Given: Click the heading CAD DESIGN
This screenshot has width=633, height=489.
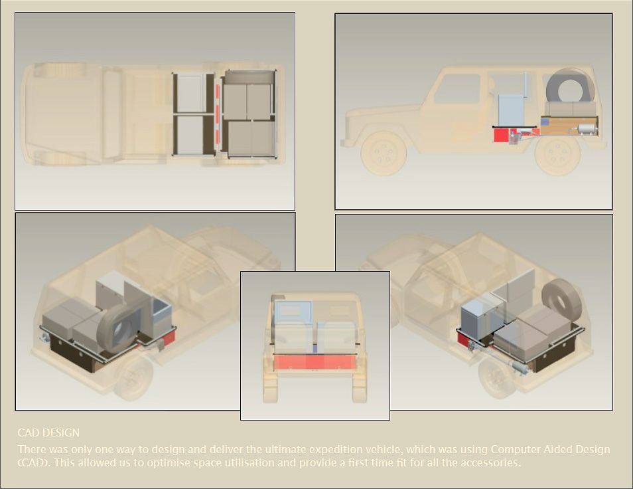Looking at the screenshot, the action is click(x=48, y=433).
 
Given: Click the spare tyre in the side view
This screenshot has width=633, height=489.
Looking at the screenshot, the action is click(x=570, y=86).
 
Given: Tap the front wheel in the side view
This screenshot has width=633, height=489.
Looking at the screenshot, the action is click(x=383, y=153).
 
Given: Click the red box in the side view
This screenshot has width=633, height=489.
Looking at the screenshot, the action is click(x=501, y=135).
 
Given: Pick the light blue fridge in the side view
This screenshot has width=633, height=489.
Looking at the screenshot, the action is click(x=512, y=110).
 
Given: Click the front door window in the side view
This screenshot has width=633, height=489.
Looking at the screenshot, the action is click(x=458, y=88).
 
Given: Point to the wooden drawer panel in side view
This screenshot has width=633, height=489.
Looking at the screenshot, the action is click(x=569, y=126).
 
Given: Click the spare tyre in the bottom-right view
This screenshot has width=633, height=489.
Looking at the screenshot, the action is click(x=561, y=299).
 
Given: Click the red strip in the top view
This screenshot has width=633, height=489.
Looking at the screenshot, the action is click(x=219, y=114).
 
